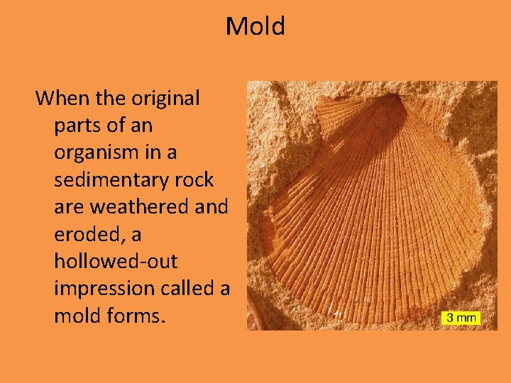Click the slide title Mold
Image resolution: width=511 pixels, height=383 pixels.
(255, 27)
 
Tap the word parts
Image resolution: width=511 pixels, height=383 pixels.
(76, 126)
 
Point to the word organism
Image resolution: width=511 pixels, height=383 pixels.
(97, 153)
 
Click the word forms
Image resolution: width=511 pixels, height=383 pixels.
(138, 316)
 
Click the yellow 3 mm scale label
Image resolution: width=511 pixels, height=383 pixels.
(461, 318)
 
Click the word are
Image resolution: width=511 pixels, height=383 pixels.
(68, 207)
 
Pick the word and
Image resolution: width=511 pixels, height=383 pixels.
(211, 207)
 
